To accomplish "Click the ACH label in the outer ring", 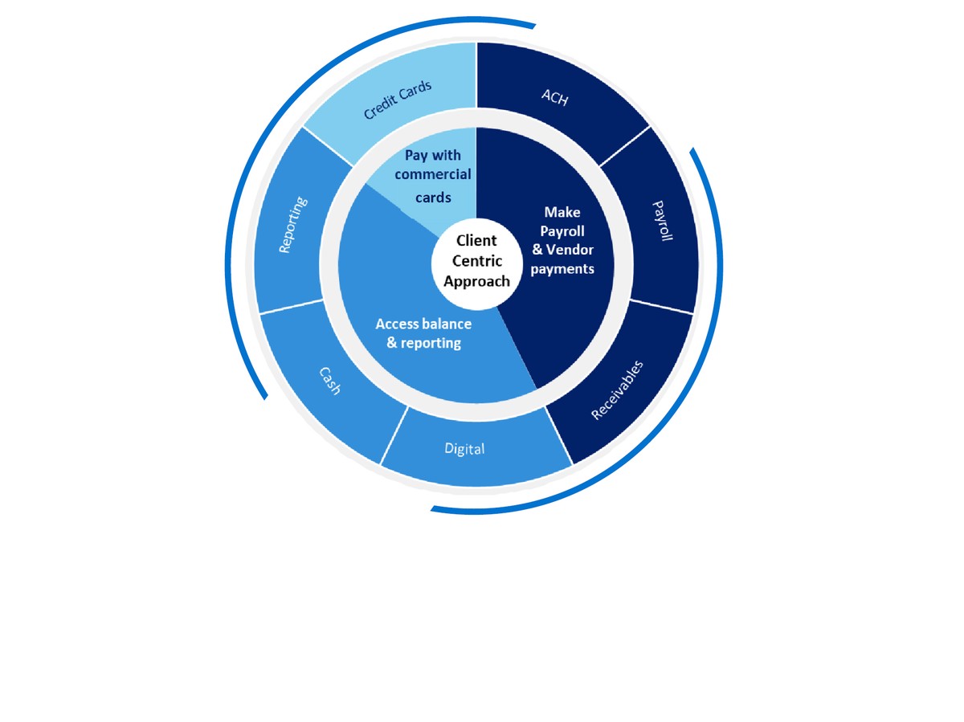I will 555,98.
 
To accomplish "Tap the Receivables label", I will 618,390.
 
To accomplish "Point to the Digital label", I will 464,448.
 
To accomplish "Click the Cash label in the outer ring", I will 329,380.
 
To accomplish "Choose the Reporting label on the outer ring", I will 290,225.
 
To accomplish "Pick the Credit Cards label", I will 398,100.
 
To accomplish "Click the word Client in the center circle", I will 476,240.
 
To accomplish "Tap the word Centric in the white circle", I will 476,260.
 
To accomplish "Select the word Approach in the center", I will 476,281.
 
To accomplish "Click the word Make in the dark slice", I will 562,212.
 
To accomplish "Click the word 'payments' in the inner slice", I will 562,269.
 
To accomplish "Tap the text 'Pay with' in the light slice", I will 433,155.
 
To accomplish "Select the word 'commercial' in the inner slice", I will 433,174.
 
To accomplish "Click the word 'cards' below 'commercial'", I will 433,198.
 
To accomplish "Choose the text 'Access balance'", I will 423,324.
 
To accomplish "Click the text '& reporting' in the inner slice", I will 423,343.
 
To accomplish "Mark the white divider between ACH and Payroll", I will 625,146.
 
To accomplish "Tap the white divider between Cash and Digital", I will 394,435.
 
